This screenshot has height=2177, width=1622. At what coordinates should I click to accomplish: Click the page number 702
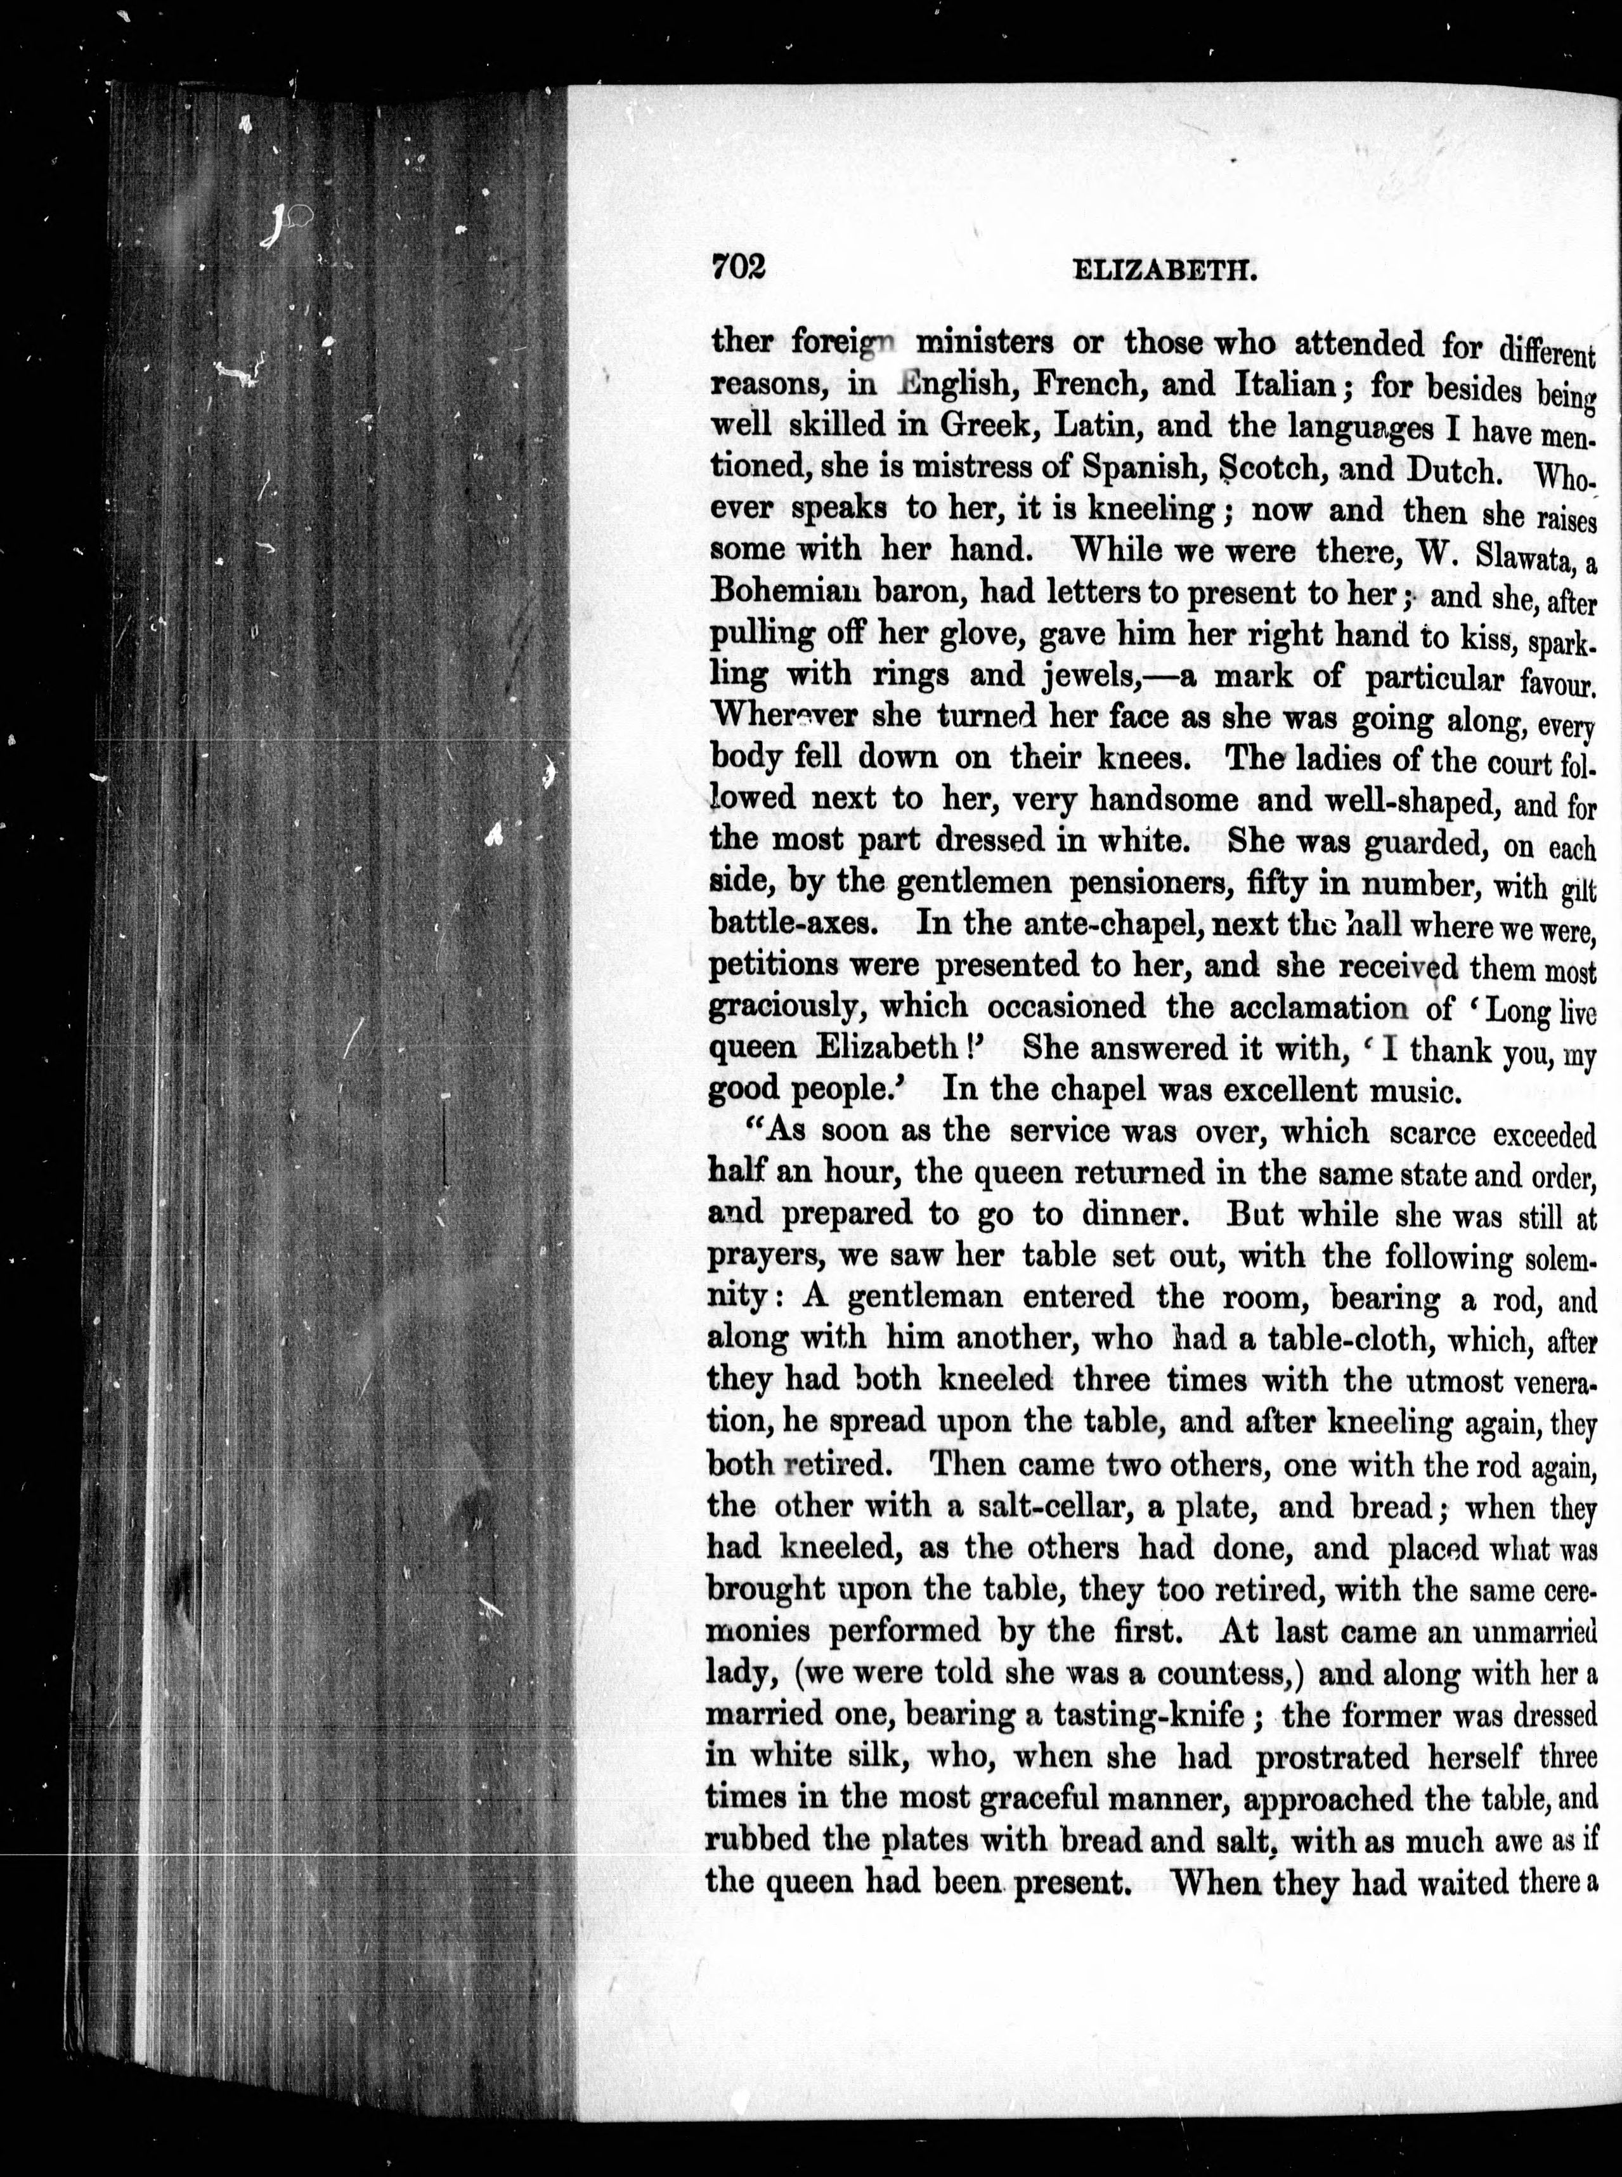(737, 268)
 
